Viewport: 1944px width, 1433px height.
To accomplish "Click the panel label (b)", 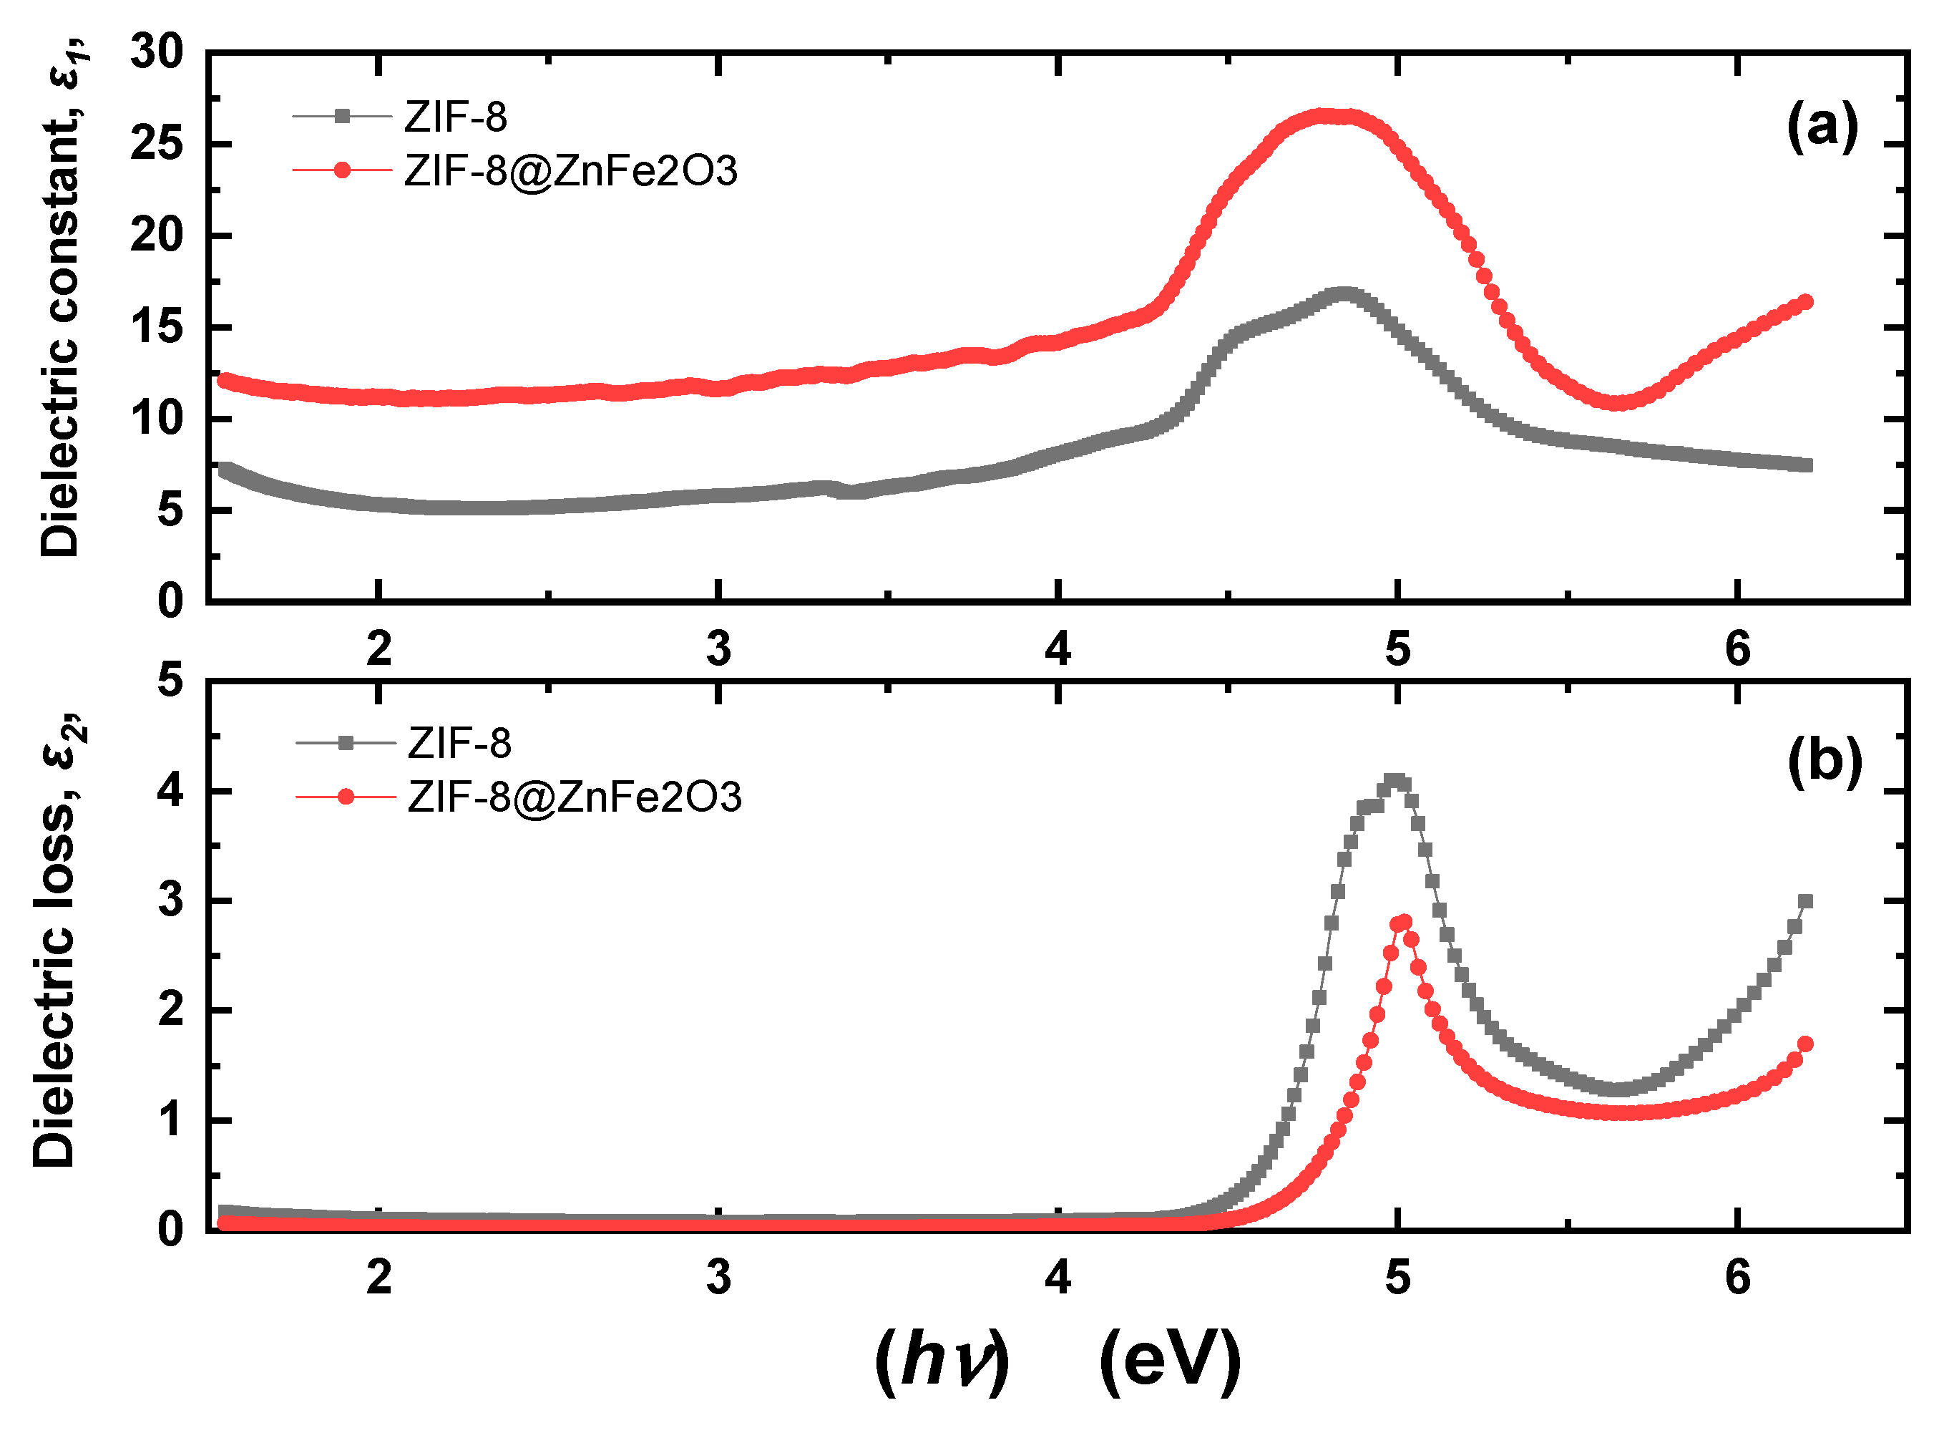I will (x=1825, y=762).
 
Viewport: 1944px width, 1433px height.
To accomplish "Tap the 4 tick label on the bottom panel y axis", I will (x=170, y=792).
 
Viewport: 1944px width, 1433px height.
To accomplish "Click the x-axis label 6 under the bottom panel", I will (x=1737, y=1278).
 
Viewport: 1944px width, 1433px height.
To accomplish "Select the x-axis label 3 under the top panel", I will (x=718, y=650).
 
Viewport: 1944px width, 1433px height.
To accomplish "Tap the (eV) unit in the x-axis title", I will (x=1170, y=1362).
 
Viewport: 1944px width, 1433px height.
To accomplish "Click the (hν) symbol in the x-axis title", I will (x=942, y=1362).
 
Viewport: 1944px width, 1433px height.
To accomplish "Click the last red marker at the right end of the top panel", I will (x=1805, y=302).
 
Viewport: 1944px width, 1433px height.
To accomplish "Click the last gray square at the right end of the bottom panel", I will (x=1805, y=901).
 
